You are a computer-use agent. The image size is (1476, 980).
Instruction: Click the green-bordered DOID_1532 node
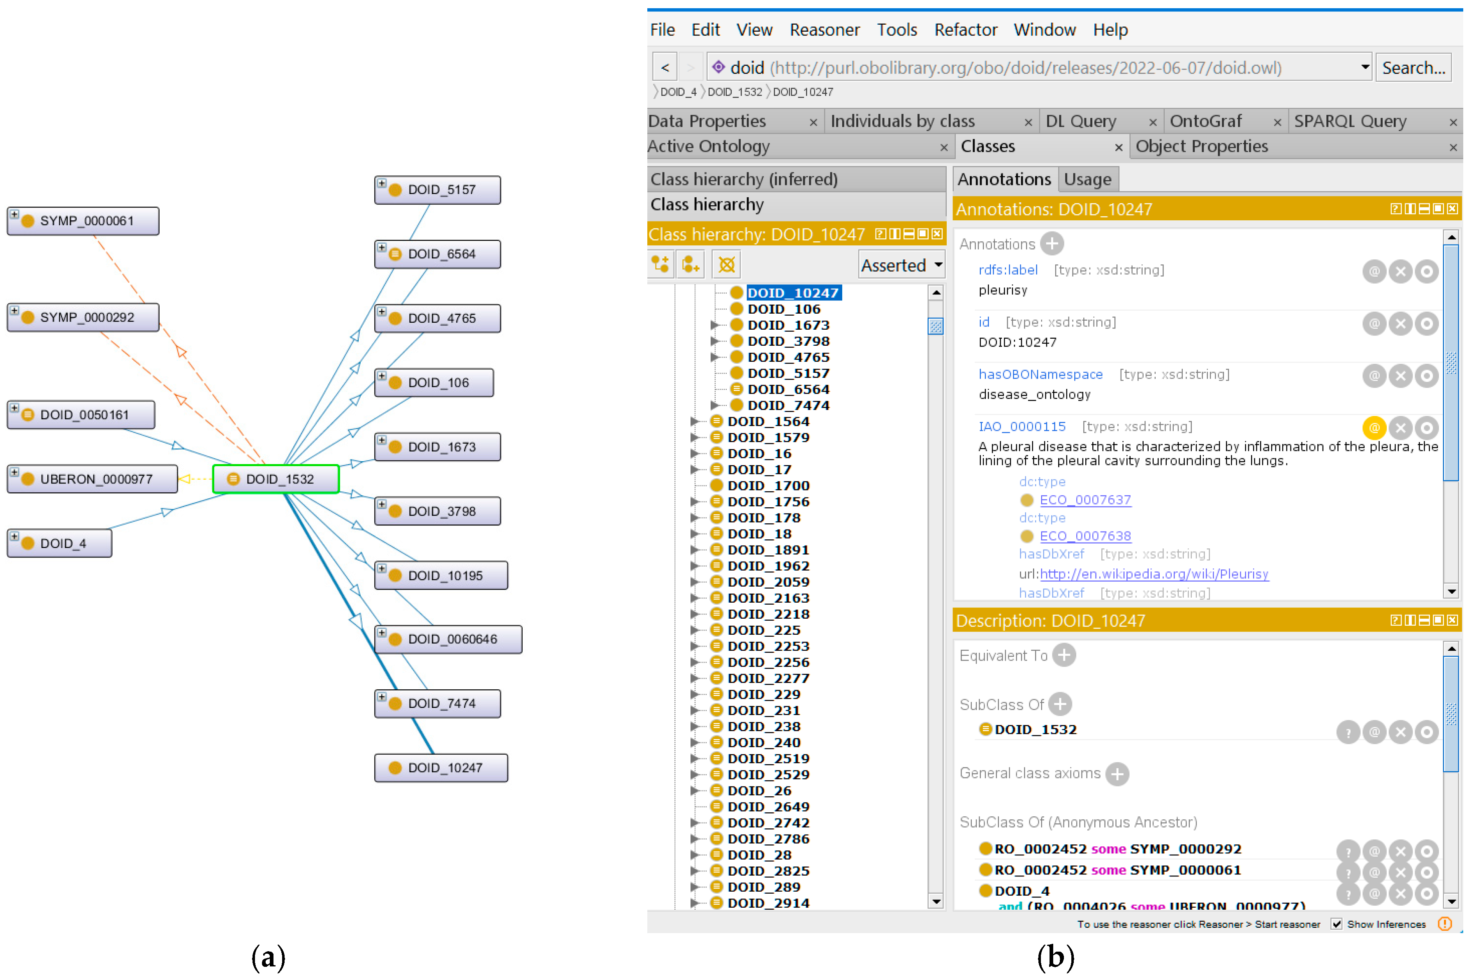click(276, 479)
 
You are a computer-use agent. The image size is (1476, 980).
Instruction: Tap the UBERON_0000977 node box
click(93, 479)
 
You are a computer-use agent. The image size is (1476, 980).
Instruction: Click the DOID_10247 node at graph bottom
click(441, 767)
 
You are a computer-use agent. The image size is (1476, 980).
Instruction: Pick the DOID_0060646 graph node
click(448, 639)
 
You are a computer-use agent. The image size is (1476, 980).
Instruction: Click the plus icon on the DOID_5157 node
click(381, 183)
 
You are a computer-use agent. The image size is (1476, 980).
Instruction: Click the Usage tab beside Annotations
click(1087, 179)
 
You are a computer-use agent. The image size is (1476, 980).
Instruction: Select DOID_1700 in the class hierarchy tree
click(768, 485)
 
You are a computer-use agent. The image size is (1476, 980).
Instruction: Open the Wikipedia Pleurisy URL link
click(1154, 574)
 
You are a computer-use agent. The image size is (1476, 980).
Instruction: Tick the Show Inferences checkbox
click(1336, 924)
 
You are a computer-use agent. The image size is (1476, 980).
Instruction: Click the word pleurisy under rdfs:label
click(1003, 290)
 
